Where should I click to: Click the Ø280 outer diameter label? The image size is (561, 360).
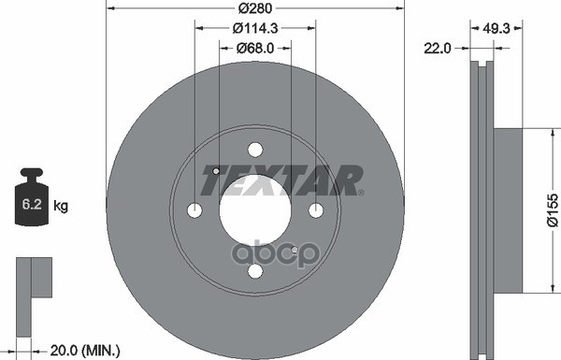254,8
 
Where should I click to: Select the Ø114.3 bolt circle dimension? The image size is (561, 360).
254,27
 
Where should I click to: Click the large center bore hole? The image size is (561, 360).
254,209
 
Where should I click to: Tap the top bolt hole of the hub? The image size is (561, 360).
255,148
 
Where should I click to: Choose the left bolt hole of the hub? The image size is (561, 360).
194,209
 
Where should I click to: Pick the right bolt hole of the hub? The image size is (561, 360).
316,209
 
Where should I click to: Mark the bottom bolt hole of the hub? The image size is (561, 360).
255,270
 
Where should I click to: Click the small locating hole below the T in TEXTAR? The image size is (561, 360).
215,171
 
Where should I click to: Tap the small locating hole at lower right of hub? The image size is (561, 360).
295,250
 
